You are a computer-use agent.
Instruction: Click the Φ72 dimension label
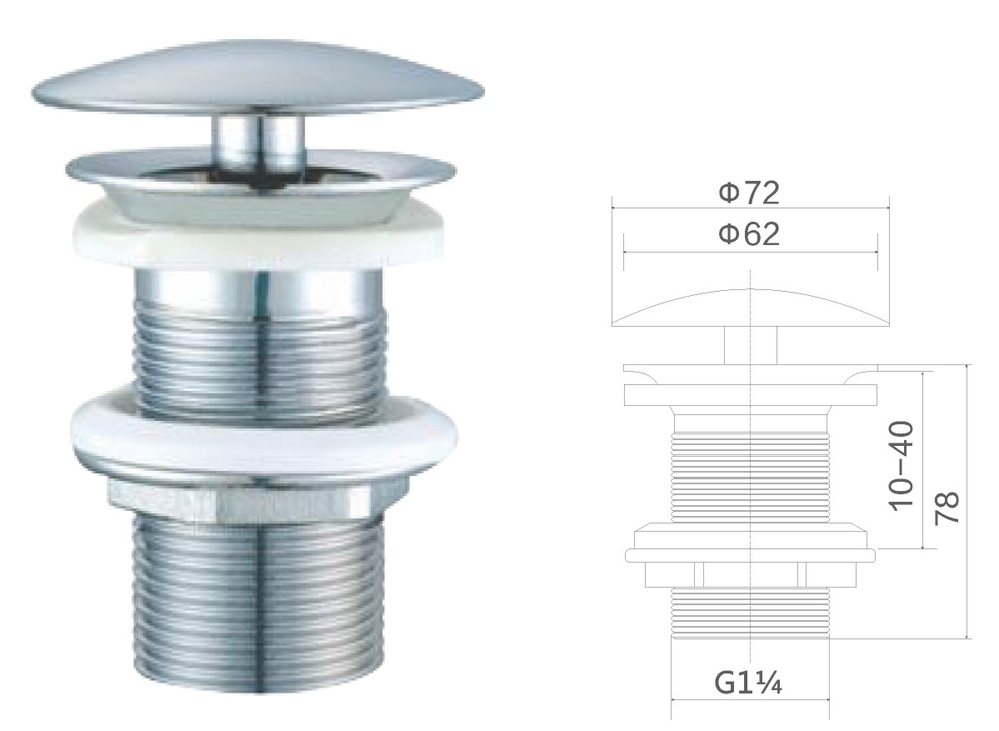[x=748, y=193]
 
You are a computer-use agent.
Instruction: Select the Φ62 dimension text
[x=748, y=234]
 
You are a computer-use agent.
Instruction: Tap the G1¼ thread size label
[x=748, y=683]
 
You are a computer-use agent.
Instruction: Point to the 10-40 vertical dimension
[x=902, y=465]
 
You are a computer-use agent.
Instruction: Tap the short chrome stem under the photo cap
[x=258, y=143]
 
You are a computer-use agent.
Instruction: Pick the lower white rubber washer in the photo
[x=264, y=433]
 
